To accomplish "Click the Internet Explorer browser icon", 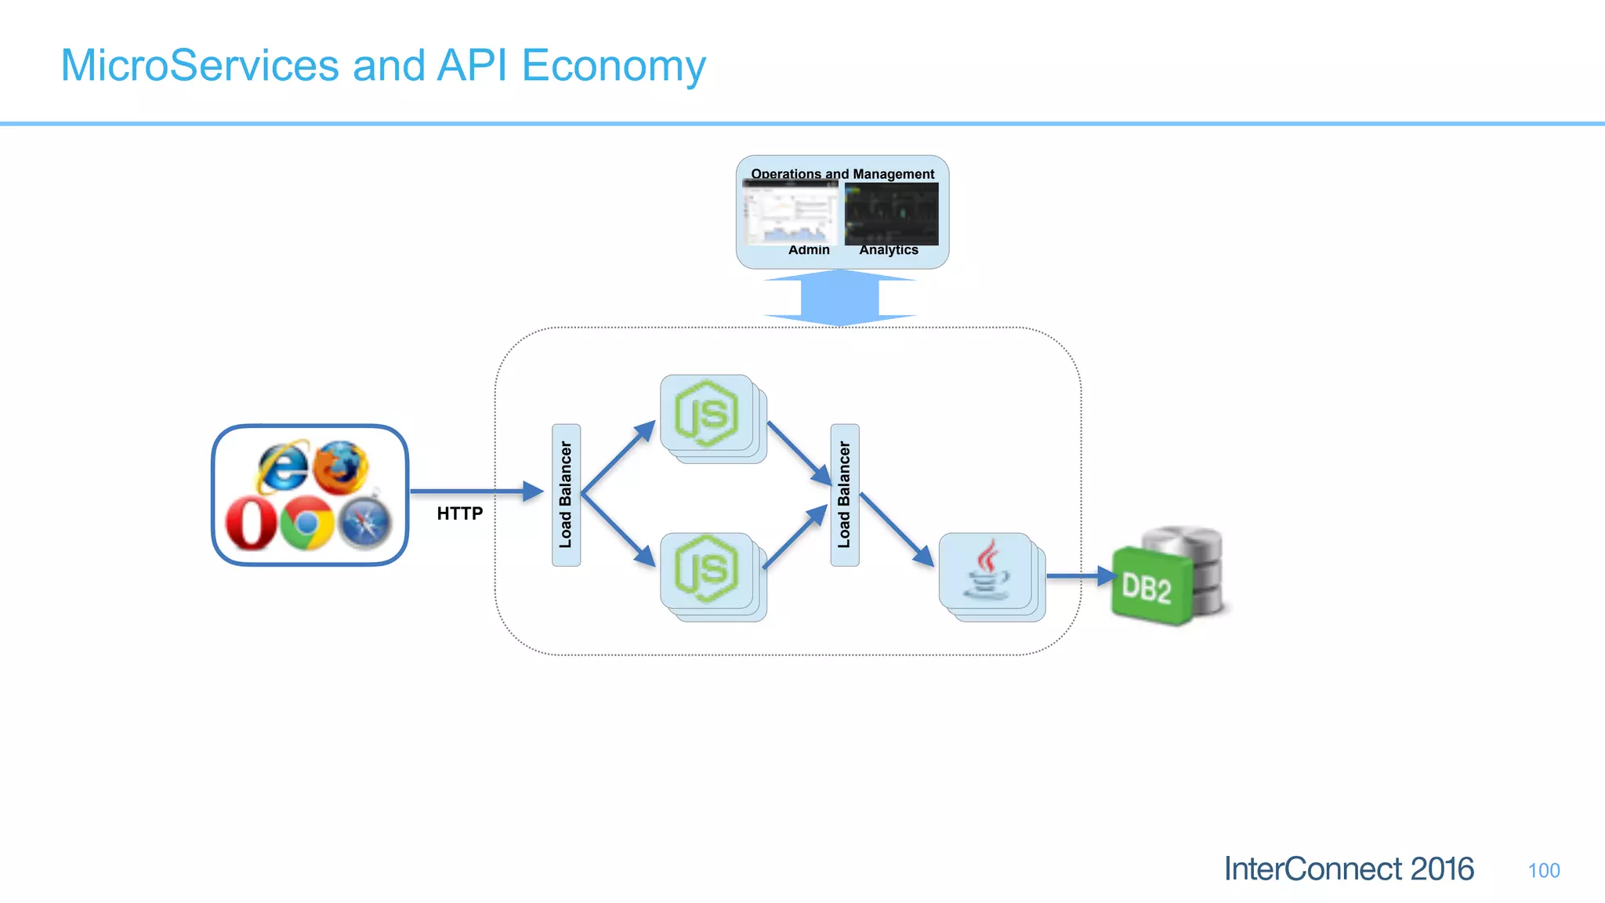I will [283, 467].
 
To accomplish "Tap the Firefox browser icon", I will [340, 467].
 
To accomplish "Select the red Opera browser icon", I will [251, 524].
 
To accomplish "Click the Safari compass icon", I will [364, 523].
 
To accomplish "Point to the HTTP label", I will [459, 513].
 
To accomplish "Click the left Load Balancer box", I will [566, 495].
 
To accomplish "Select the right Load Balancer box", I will [844, 495].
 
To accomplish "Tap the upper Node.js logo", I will [706, 413].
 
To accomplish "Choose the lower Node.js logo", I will [706, 569].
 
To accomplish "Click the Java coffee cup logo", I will [986, 570].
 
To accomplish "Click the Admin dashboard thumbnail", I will [790, 213].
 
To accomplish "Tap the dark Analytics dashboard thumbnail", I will [891, 213].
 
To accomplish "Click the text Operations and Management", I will [842, 173].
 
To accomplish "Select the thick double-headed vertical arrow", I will [839, 298].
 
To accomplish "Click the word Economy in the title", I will [613, 66].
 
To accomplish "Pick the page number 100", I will [1543, 870].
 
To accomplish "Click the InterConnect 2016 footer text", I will [1348, 869].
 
